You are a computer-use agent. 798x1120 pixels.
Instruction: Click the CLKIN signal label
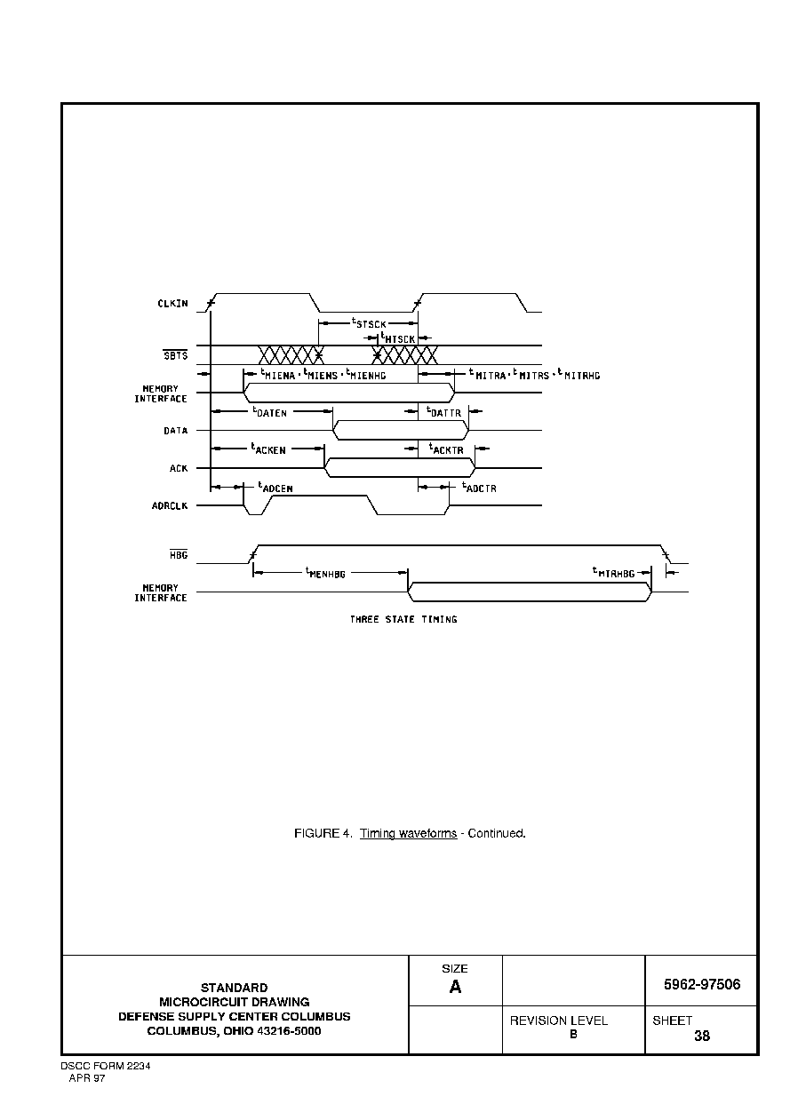coord(172,304)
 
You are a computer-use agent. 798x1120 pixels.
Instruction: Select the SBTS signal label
coord(176,355)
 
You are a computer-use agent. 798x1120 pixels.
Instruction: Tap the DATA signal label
coord(176,431)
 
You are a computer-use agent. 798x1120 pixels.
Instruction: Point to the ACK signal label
coord(179,468)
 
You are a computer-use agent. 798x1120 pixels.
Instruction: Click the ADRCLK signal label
coord(170,506)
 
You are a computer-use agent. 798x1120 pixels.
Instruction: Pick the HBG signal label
coord(179,554)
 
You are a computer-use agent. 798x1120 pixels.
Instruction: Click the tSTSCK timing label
coord(370,323)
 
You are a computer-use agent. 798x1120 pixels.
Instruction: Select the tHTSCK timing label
coord(398,338)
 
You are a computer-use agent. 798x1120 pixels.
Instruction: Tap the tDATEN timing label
coord(269,412)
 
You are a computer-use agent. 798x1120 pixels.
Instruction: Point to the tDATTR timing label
coord(443,412)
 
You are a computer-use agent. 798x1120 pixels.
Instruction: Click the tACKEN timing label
coord(268,449)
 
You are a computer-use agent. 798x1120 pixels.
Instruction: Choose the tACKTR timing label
coord(446,449)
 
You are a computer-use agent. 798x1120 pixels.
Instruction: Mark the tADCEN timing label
coord(275,488)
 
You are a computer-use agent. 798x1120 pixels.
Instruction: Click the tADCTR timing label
coord(479,488)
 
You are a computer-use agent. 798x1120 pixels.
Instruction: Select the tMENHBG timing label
coord(326,573)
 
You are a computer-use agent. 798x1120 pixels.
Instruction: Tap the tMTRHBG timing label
coord(613,573)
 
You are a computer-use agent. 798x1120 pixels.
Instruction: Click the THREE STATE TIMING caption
coord(403,619)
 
